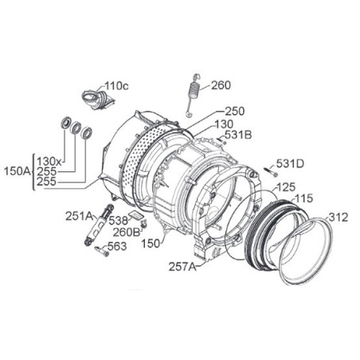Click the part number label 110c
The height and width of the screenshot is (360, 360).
116,86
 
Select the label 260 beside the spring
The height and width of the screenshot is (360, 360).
221,85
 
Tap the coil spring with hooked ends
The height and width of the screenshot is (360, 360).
193,95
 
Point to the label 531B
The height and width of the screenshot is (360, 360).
238,135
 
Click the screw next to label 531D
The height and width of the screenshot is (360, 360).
271,171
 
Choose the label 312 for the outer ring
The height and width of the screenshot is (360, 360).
338,217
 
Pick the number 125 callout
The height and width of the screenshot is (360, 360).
286,187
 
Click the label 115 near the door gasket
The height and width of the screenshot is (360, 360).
304,198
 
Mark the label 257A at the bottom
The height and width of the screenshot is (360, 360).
182,267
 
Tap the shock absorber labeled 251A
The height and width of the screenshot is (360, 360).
99,225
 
